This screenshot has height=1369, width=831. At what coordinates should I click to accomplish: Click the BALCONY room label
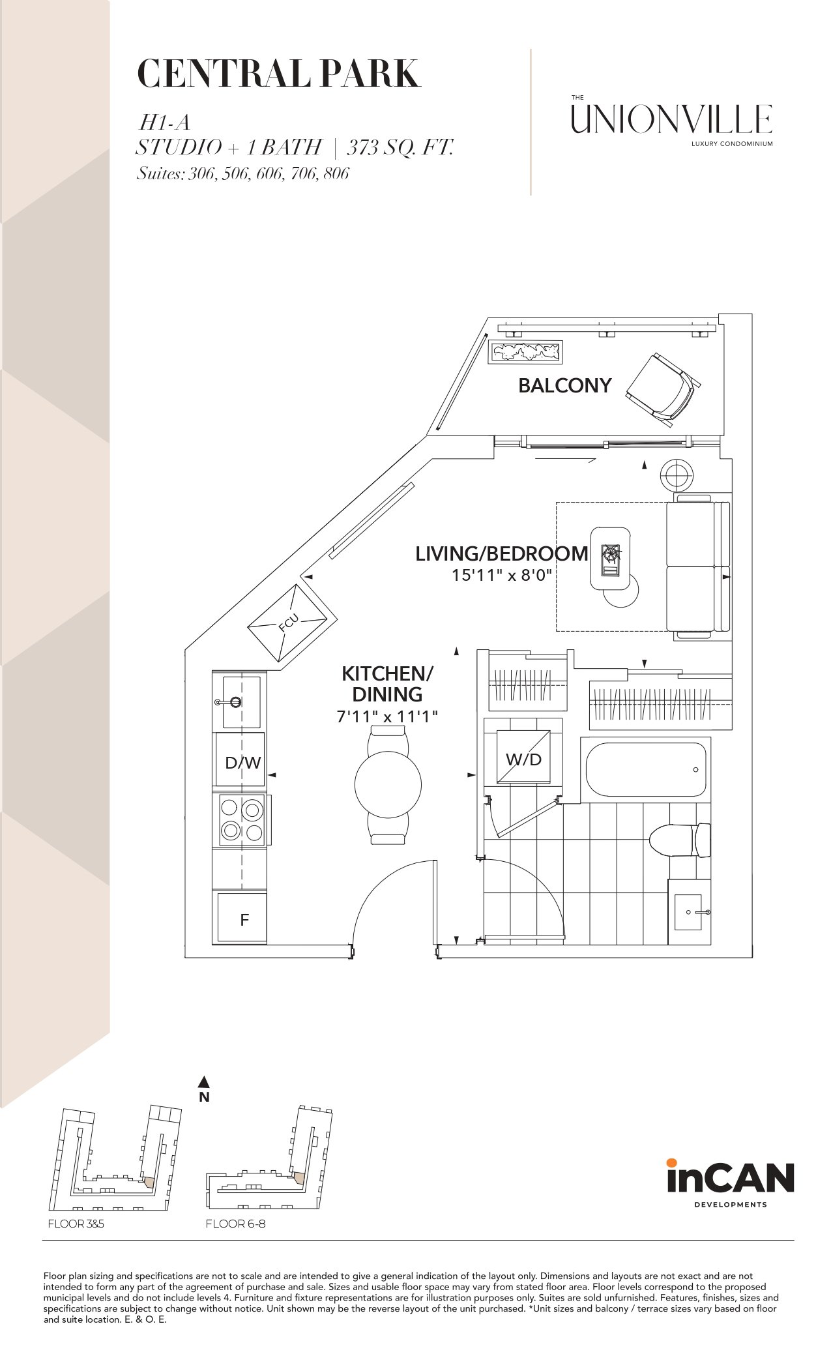click(x=564, y=385)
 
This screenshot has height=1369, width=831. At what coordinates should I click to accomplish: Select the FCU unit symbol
click(x=291, y=623)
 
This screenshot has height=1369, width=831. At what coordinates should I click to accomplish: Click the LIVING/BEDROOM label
click(x=502, y=553)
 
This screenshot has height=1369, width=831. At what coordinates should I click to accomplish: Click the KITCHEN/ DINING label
click(x=388, y=684)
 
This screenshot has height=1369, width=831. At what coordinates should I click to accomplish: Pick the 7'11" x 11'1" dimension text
click(x=387, y=716)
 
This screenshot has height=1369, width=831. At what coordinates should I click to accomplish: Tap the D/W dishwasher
click(x=241, y=761)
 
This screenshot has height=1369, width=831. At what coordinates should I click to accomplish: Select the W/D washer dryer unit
click(x=523, y=758)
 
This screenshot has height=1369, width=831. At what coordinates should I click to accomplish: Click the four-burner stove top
click(x=241, y=819)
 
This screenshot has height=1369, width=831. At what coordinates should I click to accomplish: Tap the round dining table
click(x=388, y=784)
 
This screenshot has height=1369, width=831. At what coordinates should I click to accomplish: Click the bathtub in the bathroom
click(x=646, y=769)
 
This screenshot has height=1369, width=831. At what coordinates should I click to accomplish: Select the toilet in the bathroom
click(x=680, y=839)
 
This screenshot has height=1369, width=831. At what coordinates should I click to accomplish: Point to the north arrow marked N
click(x=204, y=1089)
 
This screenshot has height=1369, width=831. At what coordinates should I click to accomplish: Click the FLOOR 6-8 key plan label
click(x=235, y=1224)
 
